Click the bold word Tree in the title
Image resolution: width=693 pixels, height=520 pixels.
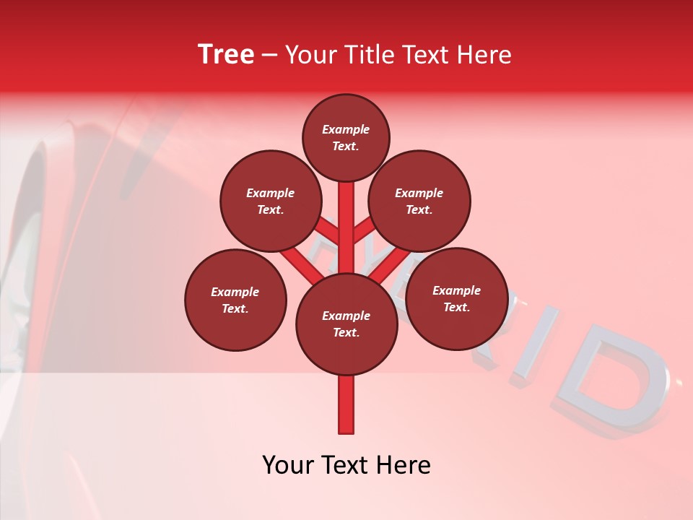[x=226, y=55]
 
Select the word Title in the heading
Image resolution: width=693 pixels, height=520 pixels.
[x=369, y=55]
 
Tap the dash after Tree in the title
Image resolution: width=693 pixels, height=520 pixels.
[x=269, y=56]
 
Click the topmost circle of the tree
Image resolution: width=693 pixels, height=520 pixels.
[x=346, y=138]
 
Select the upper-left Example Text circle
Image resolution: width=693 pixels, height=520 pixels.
[x=270, y=201]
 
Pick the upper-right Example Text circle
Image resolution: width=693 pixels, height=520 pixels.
[x=419, y=201]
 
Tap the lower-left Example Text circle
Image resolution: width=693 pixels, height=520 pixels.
[x=235, y=300]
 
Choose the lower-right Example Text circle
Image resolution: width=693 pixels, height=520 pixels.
[x=456, y=298]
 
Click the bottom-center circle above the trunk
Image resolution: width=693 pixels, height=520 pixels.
[x=346, y=324]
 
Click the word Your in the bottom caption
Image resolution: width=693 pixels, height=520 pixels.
[x=287, y=465]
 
